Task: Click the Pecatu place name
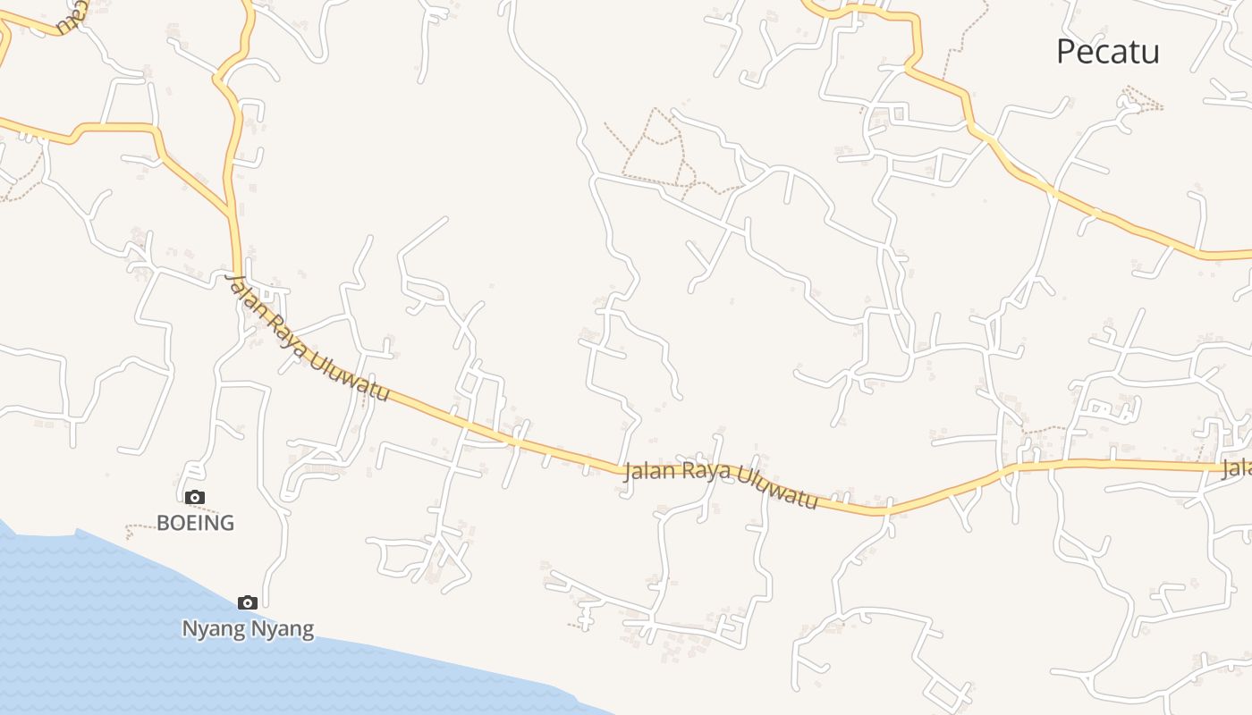[1107, 52]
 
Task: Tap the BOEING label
[195, 523]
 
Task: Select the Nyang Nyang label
[248, 629]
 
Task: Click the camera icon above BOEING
[195, 498]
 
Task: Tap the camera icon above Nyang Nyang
[248, 603]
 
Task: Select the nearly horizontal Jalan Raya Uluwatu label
[720, 484]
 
